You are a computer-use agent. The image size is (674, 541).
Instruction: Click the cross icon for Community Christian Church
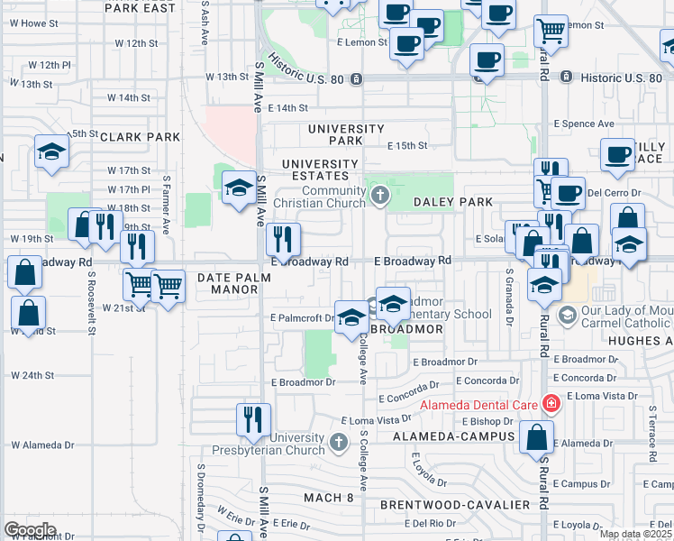pos(380,195)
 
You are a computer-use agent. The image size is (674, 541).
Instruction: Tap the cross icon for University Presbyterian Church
pos(338,442)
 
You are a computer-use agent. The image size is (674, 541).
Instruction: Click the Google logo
pos(30,529)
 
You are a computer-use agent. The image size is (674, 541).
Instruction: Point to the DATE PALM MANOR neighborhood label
pos(228,284)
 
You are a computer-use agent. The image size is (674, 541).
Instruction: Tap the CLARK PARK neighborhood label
pos(140,137)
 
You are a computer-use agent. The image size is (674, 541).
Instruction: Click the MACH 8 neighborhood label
pos(328,498)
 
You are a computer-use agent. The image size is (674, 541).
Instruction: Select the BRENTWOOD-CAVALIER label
pos(455,505)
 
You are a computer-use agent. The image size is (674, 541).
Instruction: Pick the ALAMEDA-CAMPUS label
pos(453,436)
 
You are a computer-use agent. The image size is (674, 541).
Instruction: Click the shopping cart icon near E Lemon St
pos(551,30)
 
